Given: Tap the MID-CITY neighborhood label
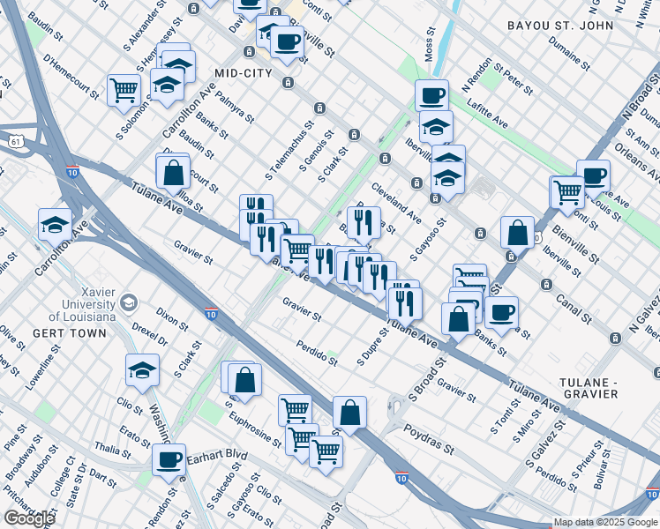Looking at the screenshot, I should pos(243,72).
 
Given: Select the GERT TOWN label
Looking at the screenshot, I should pos(69,333).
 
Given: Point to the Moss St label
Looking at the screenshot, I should pos(430,45).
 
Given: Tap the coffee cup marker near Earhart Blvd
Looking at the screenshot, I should pos(169,458).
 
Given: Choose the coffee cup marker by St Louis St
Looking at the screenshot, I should pos(593,175).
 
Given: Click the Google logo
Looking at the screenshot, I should pos(29,518).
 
